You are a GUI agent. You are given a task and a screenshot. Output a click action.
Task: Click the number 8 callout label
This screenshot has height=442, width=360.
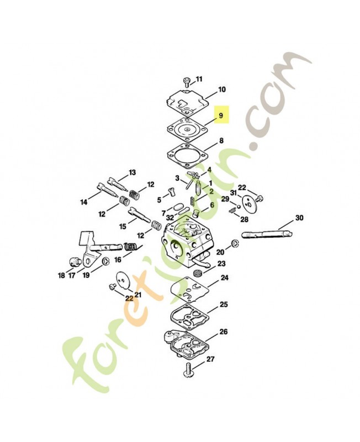click(221, 141)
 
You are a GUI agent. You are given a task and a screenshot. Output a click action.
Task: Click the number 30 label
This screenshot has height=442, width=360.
click(299, 218)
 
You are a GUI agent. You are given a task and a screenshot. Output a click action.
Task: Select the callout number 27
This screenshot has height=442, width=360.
click(210, 359)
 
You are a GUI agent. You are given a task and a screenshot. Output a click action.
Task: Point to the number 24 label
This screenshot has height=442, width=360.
click(224, 278)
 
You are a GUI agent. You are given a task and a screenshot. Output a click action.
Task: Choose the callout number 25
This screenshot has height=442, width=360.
click(224, 304)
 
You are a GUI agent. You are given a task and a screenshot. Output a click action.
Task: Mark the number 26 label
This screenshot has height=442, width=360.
click(223, 331)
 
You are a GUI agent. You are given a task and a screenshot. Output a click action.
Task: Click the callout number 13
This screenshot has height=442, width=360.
click(132, 172)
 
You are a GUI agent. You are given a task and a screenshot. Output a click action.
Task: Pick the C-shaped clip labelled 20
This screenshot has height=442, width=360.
click(235, 244)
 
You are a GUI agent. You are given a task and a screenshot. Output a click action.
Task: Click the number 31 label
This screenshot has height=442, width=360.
click(233, 192)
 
